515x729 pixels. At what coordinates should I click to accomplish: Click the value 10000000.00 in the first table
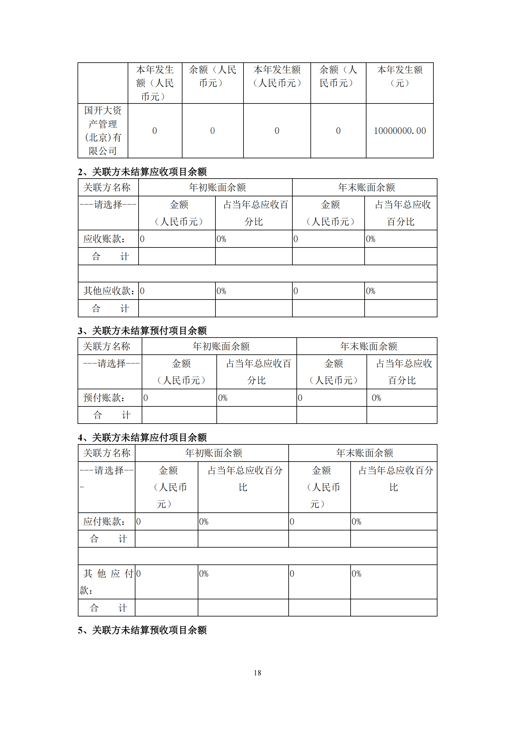point(399,131)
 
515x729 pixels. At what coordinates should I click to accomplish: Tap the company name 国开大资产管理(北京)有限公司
point(103,131)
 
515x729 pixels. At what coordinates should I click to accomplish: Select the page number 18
point(257,673)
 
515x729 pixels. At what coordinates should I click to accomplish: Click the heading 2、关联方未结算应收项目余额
point(142,172)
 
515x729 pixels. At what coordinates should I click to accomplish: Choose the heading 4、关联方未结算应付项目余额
point(142,438)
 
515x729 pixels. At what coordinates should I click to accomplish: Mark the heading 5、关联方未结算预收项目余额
point(142,630)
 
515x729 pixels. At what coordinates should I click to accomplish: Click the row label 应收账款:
point(104,239)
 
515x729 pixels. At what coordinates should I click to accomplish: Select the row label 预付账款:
point(104,398)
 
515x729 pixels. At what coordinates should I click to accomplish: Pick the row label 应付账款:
point(104,521)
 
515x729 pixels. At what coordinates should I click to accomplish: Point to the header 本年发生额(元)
point(399,76)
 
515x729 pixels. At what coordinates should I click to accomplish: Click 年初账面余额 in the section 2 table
point(217,187)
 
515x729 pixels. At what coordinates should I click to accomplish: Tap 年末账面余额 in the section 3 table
point(368,346)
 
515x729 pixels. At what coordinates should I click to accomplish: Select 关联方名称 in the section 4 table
point(106,453)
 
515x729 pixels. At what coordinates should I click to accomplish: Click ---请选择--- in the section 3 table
point(111,363)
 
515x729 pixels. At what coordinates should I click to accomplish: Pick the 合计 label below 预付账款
point(111,415)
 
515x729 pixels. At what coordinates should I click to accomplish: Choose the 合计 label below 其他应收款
point(110,308)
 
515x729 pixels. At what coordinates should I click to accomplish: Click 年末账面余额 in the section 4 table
point(364,453)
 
